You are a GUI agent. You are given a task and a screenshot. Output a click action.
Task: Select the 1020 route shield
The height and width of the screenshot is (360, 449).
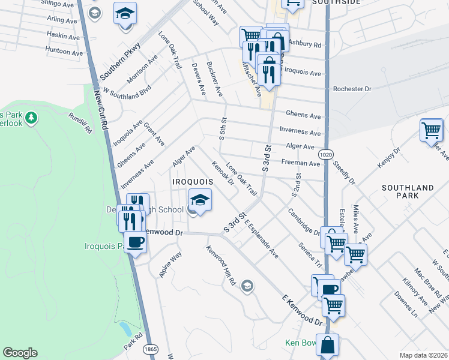coord(325,154)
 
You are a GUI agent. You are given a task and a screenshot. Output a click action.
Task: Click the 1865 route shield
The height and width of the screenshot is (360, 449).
coord(150,348)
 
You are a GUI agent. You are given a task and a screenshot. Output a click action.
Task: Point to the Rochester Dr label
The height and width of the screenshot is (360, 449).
coord(352,89)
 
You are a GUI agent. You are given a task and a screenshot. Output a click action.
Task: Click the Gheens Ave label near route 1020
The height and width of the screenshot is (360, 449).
coord(303,115)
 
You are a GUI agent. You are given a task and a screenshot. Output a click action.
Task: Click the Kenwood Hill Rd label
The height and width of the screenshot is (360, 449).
coord(221,266)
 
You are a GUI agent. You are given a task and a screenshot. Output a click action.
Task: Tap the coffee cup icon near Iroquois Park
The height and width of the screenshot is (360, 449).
coord(135,242)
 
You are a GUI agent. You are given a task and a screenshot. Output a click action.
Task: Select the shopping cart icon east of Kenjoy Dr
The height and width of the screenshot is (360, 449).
coord(432,130)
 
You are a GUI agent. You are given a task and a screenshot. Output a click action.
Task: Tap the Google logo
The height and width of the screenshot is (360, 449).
coord(20,353)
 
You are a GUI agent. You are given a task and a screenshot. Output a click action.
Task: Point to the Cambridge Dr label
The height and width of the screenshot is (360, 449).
coord(303,222)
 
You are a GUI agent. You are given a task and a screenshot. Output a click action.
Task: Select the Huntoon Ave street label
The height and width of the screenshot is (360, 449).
coord(64,53)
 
